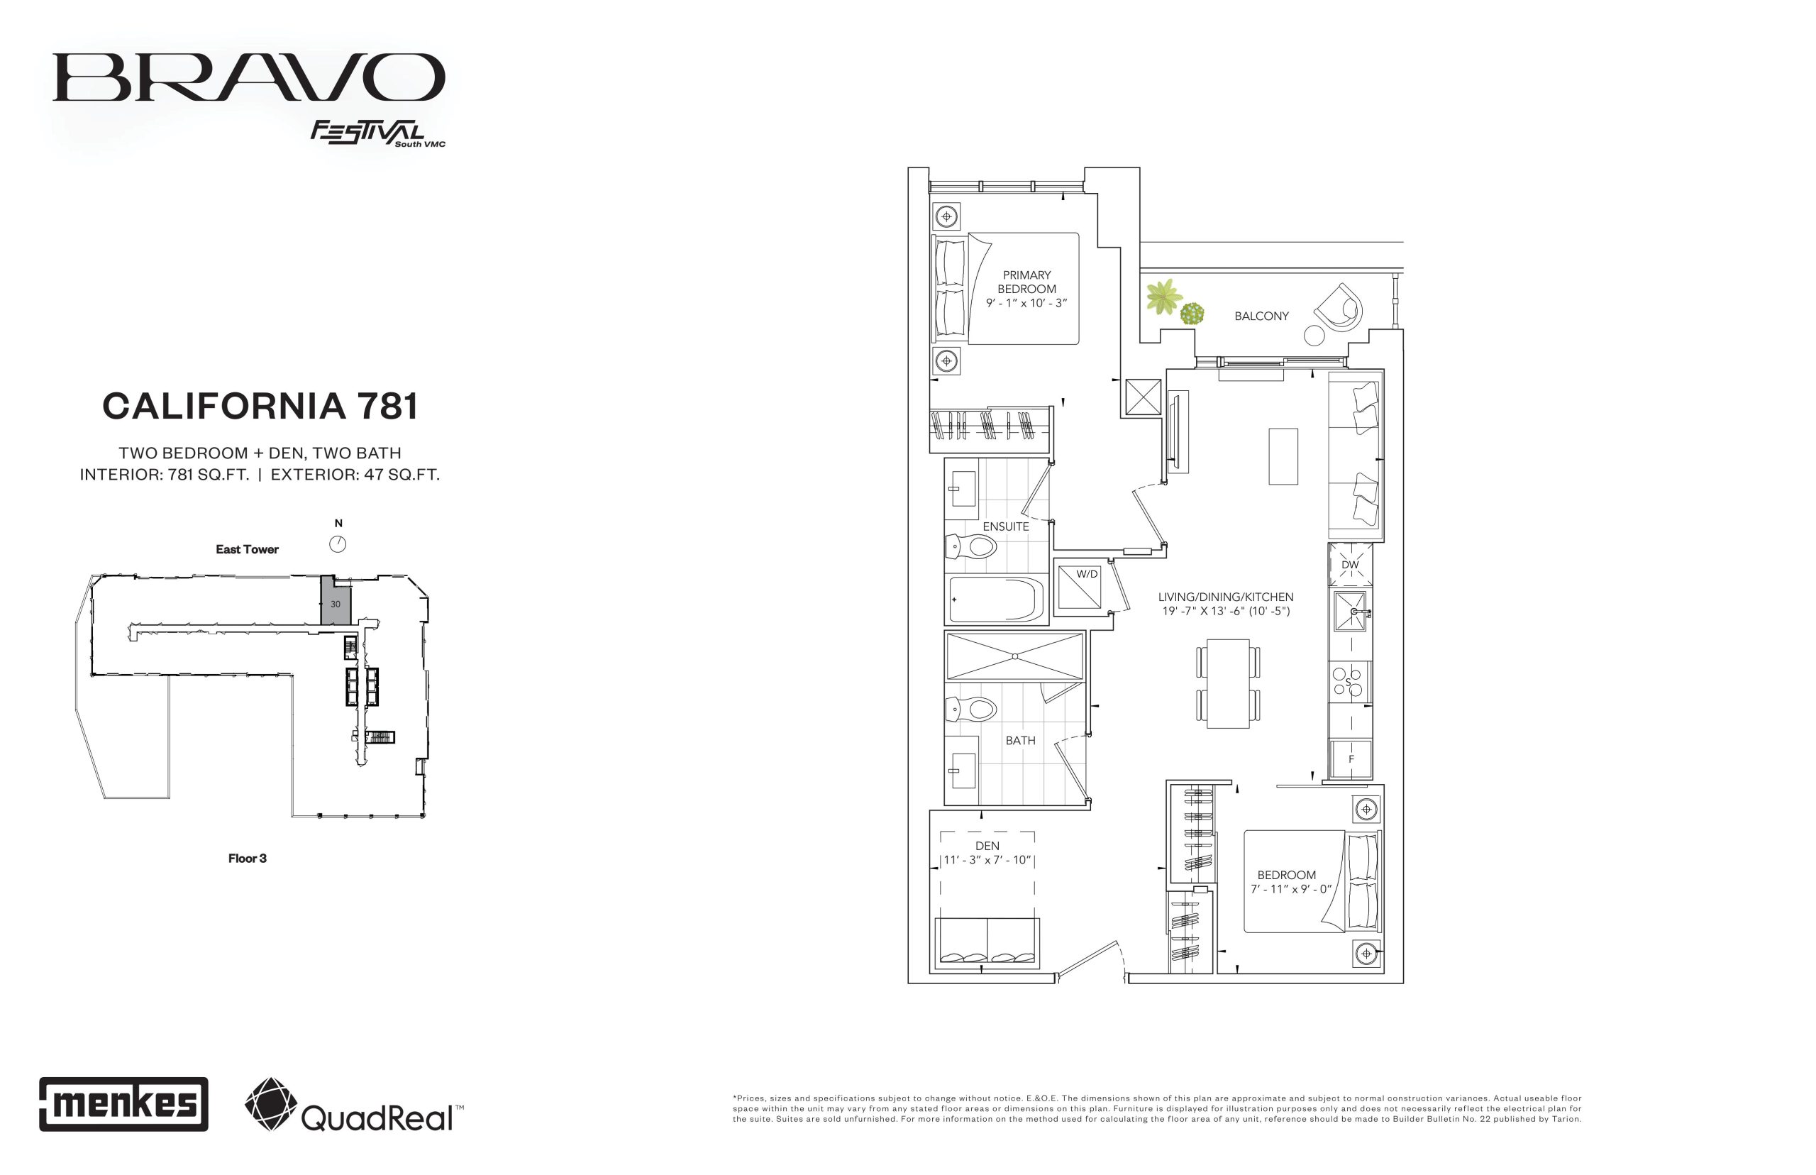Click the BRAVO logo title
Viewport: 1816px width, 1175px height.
point(249,77)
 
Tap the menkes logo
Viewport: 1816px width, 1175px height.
point(123,1103)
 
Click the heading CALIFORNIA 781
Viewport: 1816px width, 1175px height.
point(260,406)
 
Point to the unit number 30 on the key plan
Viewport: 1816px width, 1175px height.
point(336,604)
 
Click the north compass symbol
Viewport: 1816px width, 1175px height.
point(338,544)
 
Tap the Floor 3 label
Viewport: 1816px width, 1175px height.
point(247,859)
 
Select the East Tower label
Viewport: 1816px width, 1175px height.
point(247,549)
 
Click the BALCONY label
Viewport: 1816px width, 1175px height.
point(1261,316)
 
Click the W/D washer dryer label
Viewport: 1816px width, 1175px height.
point(1087,574)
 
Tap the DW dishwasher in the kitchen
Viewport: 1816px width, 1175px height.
point(1350,565)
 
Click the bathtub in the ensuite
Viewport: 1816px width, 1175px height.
point(995,600)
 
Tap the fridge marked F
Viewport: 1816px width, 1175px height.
point(1351,758)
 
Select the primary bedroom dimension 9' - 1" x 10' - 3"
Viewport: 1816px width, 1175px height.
point(1026,303)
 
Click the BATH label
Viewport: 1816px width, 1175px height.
point(1021,740)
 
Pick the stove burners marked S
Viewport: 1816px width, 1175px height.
point(1349,682)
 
